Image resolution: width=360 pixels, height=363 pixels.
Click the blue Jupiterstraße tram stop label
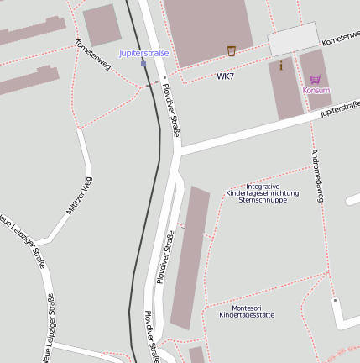point(143,53)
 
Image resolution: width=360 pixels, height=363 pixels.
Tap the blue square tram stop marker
point(143,63)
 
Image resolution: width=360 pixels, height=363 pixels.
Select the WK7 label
point(225,76)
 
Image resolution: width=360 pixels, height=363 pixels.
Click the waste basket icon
point(232,50)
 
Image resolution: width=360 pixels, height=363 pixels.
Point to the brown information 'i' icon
point(280,66)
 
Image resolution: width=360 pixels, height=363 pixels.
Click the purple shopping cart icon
point(316,79)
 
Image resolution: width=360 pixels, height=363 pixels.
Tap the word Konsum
point(316,90)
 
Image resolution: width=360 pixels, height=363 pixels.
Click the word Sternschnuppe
point(262,200)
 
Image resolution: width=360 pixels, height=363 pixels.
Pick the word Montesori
point(247,308)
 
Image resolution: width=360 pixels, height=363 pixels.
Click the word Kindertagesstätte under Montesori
point(247,315)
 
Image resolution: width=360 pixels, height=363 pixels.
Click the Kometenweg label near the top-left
point(92,55)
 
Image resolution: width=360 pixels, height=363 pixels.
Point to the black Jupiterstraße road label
point(340,109)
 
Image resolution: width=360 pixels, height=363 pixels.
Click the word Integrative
point(262,186)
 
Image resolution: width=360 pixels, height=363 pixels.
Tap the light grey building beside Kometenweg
point(294,39)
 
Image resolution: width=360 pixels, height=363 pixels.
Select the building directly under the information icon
point(285,92)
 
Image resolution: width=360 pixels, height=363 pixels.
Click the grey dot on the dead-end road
point(335,300)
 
